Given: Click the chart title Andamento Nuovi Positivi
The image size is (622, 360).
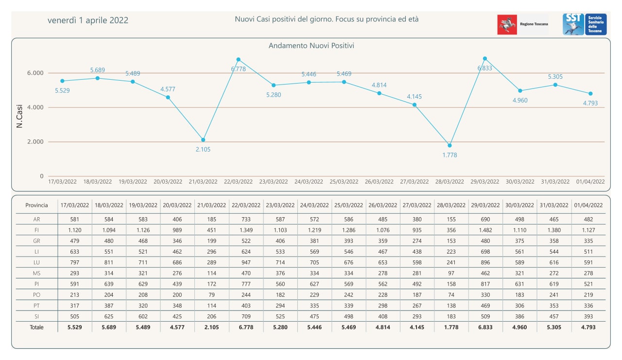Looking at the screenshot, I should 311,46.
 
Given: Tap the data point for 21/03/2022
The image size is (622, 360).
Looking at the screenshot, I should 203,140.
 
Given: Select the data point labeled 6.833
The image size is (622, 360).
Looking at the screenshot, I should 485,59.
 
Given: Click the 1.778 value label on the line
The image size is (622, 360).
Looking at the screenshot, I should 449,155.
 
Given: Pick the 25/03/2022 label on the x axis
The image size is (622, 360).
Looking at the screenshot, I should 344,182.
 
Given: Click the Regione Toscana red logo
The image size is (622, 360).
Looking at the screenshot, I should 507,24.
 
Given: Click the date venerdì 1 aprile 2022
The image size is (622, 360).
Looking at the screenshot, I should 88,20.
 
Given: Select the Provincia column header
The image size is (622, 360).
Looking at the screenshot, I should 36,206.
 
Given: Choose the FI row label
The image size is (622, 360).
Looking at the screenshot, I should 36,230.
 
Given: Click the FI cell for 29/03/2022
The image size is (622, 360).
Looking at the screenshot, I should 485,230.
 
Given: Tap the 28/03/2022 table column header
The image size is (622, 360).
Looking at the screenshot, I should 450,206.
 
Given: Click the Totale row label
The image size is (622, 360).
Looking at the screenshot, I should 36,327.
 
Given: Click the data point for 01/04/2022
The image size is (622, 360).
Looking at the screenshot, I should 590,93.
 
